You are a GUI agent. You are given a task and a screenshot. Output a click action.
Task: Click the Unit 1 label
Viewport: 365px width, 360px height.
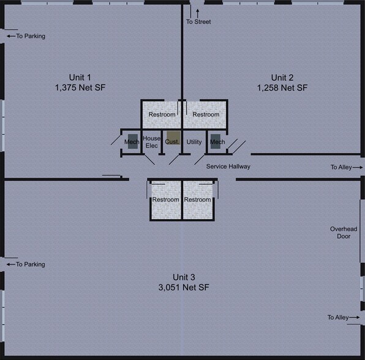[x=80, y=77]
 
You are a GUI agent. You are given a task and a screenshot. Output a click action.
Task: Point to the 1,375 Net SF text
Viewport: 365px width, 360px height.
[x=80, y=88]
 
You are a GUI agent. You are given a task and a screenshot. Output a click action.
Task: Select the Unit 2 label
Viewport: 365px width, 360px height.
[x=282, y=77]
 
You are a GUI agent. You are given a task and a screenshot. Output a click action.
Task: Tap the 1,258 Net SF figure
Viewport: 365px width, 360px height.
[x=282, y=88]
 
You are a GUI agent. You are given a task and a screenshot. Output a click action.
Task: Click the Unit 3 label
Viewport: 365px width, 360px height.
[x=182, y=276]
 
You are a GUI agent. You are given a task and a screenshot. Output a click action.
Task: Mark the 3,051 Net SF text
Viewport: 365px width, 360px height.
[x=182, y=287]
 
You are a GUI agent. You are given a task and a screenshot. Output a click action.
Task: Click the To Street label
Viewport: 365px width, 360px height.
[x=198, y=22]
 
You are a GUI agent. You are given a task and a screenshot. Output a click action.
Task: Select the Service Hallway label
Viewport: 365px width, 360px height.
[x=228, y=167]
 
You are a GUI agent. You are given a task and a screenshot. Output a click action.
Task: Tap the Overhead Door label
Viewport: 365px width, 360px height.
[x=340, y=233]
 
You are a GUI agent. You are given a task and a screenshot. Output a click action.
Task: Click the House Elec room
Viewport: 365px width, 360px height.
[x=151, y=141]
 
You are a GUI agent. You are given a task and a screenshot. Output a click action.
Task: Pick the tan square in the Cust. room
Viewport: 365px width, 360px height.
[x=173, y=138]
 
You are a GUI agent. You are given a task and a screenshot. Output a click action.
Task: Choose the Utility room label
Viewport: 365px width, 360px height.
[x=194, y=142]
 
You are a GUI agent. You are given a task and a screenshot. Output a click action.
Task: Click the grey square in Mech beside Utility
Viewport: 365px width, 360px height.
[x=215, y=140]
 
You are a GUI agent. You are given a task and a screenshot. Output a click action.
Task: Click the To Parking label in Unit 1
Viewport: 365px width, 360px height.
[x=30, y=36]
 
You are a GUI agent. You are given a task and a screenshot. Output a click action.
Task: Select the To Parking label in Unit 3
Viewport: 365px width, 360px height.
[x=30, y=264]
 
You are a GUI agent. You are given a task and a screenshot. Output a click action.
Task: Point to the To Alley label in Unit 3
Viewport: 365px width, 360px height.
[x=338, y=317]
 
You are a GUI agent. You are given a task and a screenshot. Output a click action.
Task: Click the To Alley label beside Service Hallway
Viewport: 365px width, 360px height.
[x=342, y=167]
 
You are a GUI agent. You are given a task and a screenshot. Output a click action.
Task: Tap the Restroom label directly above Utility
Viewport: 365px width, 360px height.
[x=206, y=114]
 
